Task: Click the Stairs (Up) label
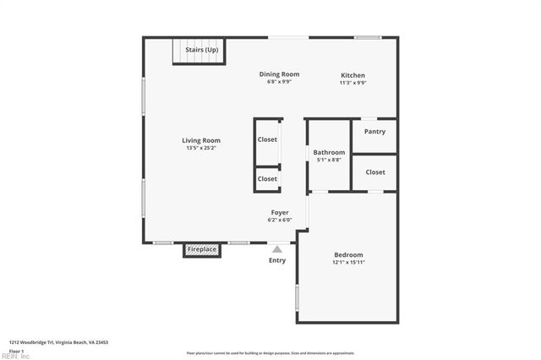[201, 50]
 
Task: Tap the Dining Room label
[279, 74]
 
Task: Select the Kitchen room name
[352, 74]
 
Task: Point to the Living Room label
[201, 140]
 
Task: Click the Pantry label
[374, 132]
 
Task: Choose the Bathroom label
[329, 152]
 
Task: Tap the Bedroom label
[348, 255]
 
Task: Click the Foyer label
[280, 213]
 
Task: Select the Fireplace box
[202, 250]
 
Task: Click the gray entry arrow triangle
[276, 248]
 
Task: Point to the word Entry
[277, 260]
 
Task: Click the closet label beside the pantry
[375, 172]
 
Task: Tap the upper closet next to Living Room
[267, 139]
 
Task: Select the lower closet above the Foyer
[267, 179]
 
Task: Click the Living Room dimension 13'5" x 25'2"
[201, 149]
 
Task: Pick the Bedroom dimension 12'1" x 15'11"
[348, 263]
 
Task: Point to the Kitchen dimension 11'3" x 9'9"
[352, 83]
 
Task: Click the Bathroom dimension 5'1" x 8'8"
[329, 160]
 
